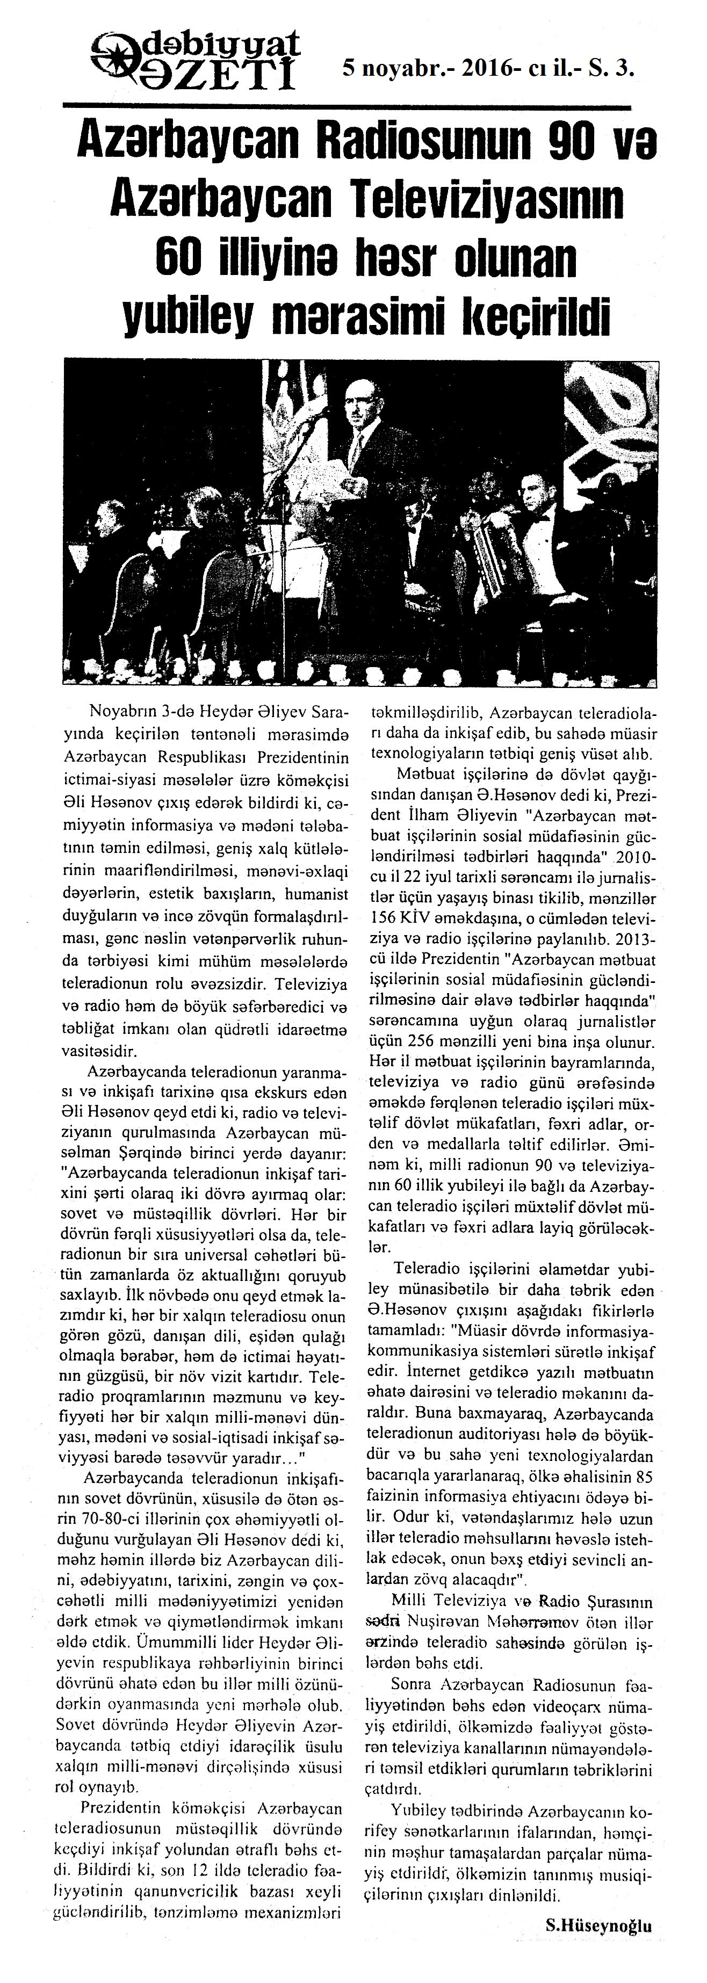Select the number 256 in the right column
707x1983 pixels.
pyautogui.click(x=434, y=1044)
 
